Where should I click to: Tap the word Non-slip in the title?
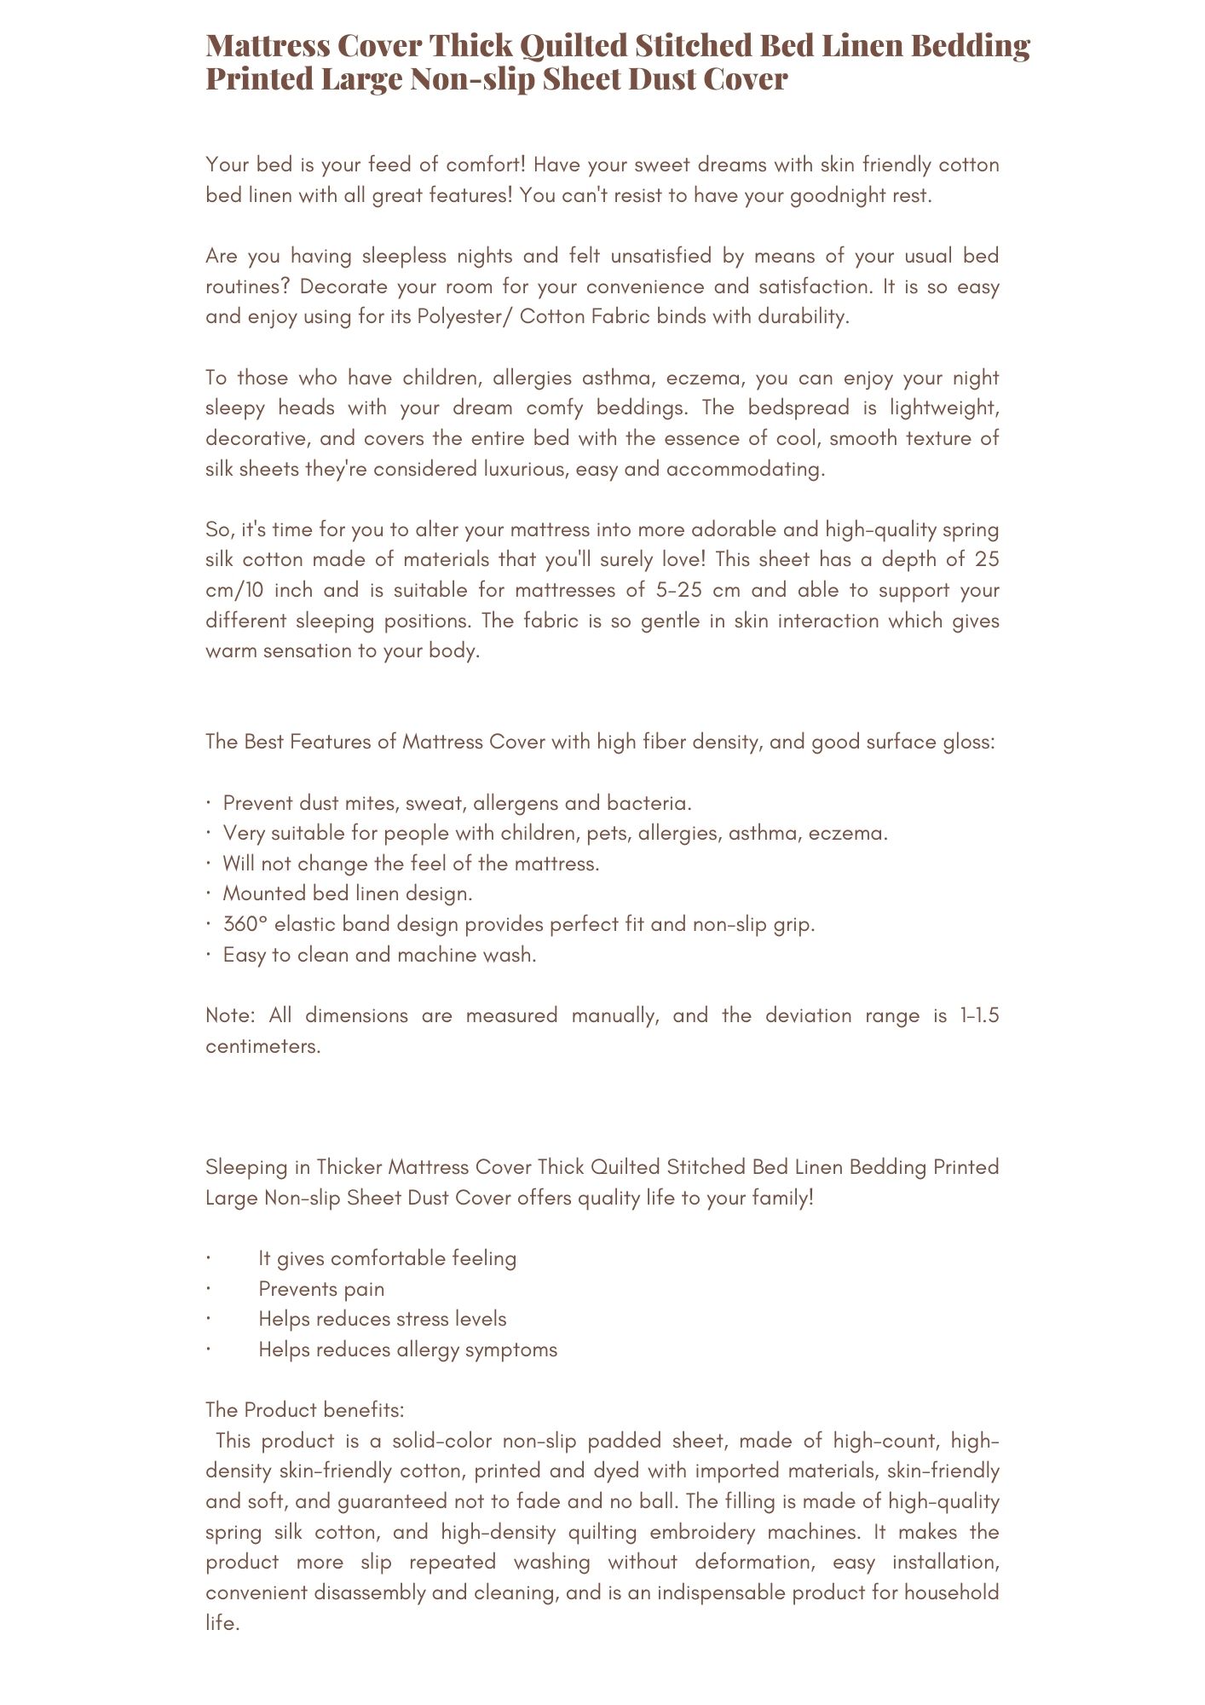tap(472, 78)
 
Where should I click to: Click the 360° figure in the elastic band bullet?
tap(245, 924)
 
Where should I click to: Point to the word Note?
tap(231, 1015)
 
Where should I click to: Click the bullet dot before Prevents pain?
tap(208, 1289)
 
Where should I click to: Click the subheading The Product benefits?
tap(305, 1410)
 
